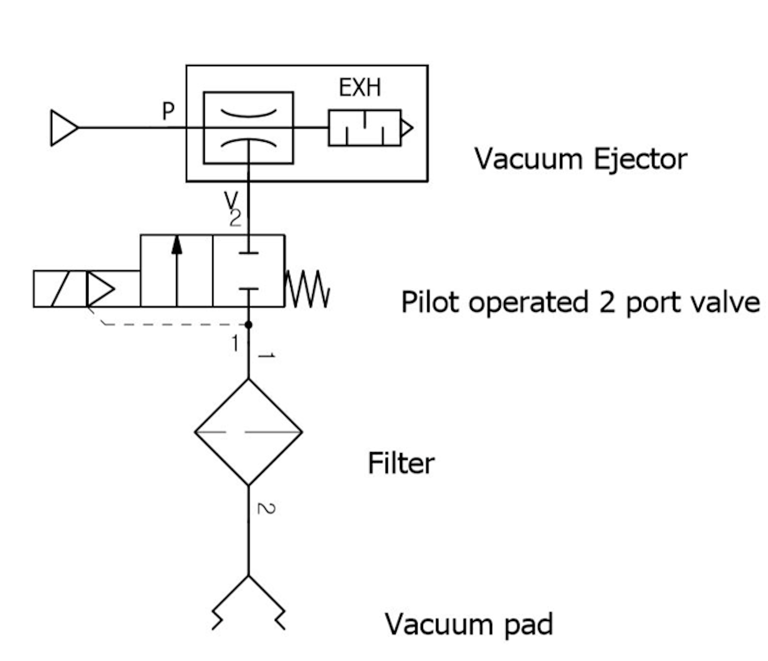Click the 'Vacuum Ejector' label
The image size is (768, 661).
point(580,159)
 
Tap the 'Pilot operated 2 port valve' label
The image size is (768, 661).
point(580,302)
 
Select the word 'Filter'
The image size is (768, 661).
point(401,463)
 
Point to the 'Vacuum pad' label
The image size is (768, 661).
point(469,624)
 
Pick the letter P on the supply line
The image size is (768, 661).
point(169,112)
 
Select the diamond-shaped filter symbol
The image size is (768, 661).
point(249,432)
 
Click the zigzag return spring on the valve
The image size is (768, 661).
point(308,288)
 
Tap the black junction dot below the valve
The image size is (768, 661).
point(249,324)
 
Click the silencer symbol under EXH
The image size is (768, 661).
point(365,128)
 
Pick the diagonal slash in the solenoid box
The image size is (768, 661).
point(60,289)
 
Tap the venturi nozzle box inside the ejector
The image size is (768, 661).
point(249,128)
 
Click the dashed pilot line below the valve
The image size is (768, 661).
point(171,324)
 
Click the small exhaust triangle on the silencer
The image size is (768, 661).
point(406,128)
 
